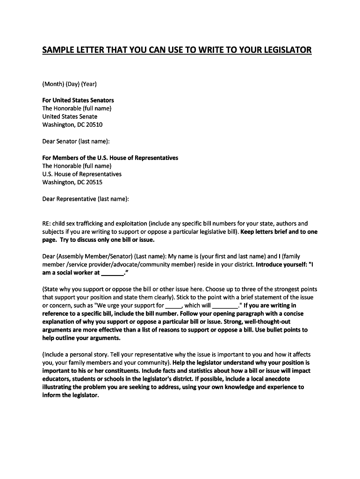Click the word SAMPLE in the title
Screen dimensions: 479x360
click(59, 50)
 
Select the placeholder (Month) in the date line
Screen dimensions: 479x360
click(53, 84)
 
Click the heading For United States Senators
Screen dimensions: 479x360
click(78, 100)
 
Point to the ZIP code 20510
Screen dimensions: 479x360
click(94, 125)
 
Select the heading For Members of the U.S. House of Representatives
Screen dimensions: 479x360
click(110, 158)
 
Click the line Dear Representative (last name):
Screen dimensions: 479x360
click(85, 199)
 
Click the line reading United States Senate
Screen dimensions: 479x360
click(70, 116)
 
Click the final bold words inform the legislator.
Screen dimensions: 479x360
click(71, 395)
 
